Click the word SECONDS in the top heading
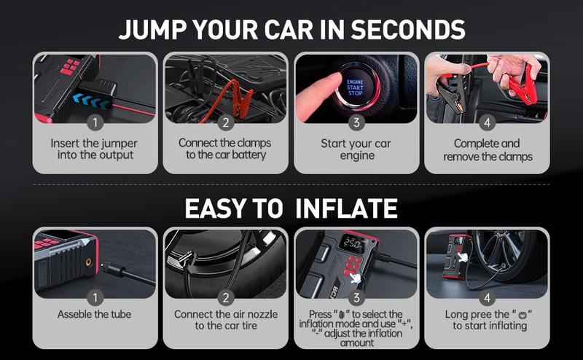(408, 29)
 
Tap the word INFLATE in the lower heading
(346, 208)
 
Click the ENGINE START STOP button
(356, 87)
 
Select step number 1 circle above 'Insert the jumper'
(95, 122)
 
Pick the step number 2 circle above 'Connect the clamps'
(226, 122)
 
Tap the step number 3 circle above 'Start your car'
(356, 122)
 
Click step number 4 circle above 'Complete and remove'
(487, 122)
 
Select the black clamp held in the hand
(451, 93)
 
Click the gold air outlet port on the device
(88, 263)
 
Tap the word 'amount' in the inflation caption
(357, 343)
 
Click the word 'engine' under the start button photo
(357, 156)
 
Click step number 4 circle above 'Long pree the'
(487, 297)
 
